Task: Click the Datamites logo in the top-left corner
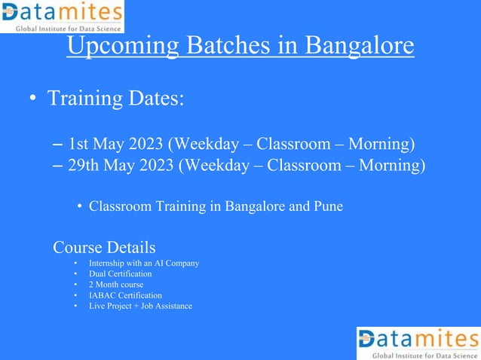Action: (62, 17)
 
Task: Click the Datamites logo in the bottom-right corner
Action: (418, 343)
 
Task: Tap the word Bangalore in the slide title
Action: (354, 46)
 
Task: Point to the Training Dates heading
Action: (115, 99)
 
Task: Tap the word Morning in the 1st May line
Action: (377, 143)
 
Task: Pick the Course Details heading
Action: (104, 247)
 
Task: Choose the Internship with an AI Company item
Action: (143, 264)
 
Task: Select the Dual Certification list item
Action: (120, 274)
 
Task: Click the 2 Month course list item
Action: (115, 285)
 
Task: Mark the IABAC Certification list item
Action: (125, 295)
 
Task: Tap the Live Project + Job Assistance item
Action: (140, 306)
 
